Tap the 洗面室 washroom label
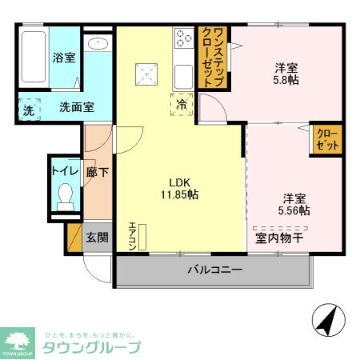click(76, 107)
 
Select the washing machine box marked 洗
click(28, 110)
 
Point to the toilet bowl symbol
click(65, 194)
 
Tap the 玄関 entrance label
click(98, 237)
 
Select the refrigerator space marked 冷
click(182, 104)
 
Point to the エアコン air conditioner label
click(133, 238)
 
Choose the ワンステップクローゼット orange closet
click(213, 57)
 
